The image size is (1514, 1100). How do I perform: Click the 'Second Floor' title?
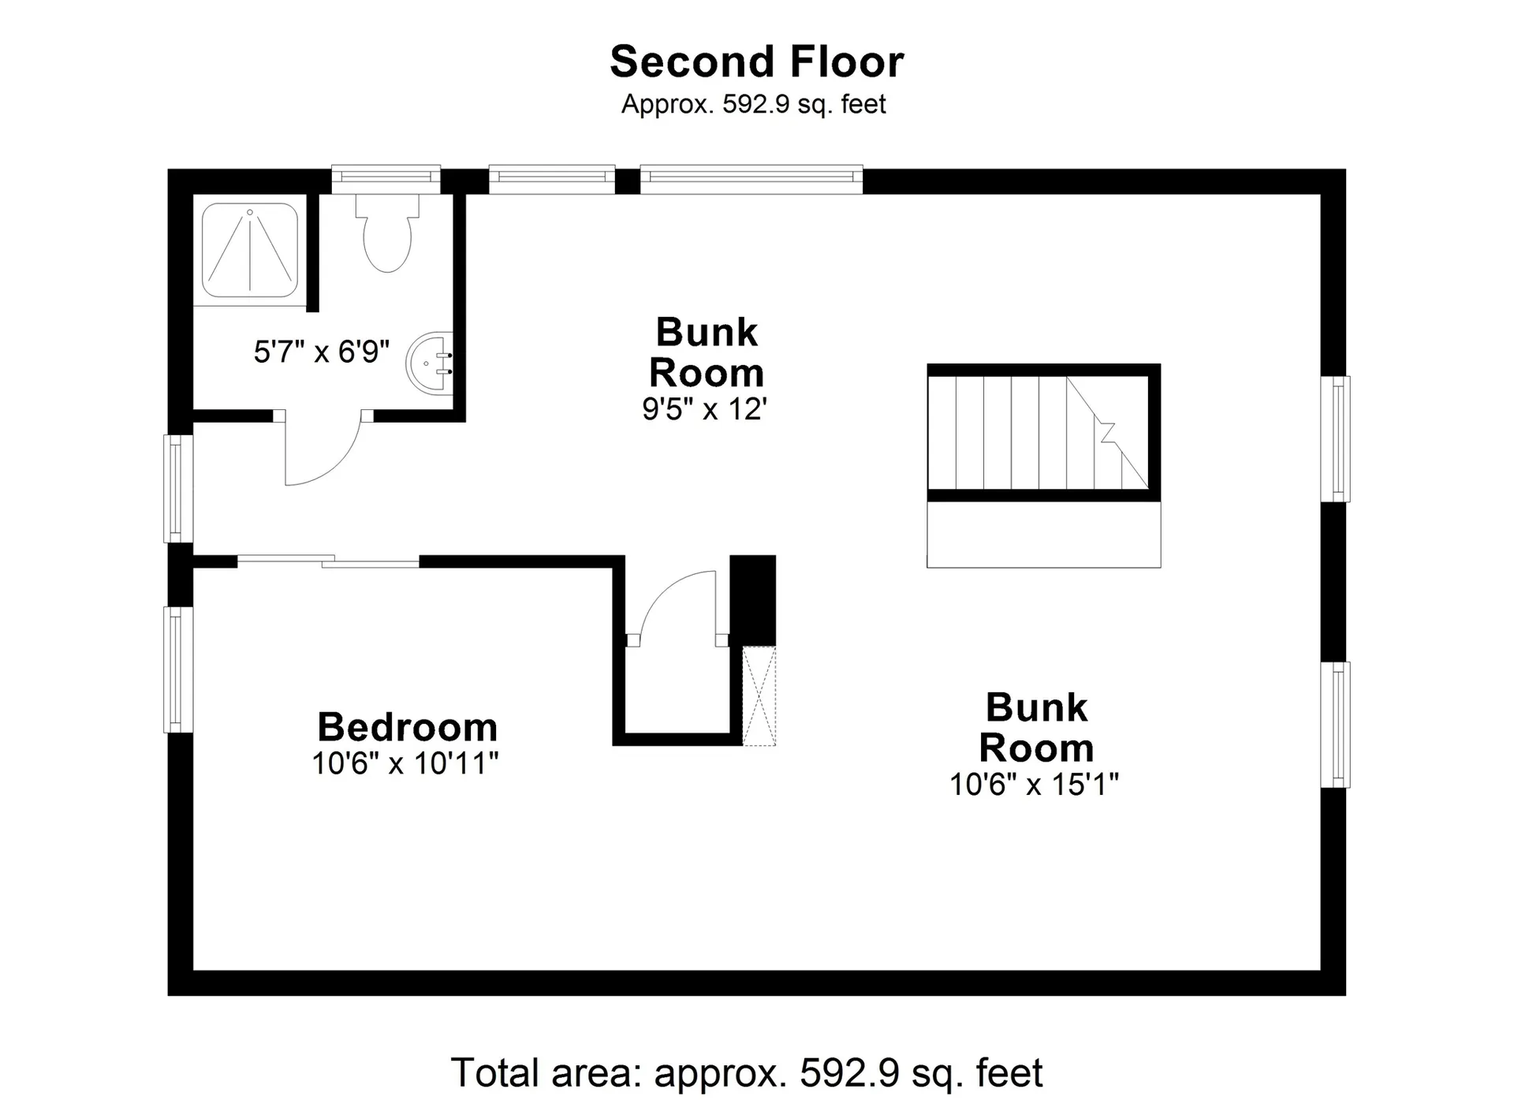[x=757, y=62]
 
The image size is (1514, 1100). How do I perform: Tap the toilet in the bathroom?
[x=387, y=233]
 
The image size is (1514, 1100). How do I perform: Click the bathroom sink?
[x=431, y=364]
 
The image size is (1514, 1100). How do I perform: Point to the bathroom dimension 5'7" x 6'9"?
[x=322, y=352]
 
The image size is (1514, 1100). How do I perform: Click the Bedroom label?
[x=408, y=727]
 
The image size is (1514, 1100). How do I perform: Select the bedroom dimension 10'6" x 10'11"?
[x=405, y=763]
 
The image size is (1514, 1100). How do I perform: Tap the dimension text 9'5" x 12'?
[x=705, y=409]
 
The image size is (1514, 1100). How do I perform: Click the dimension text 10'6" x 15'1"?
[x=1035, y=785]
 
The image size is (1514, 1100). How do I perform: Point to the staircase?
[x=1043, y=432]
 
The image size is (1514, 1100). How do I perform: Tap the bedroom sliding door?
[x=328, y=561]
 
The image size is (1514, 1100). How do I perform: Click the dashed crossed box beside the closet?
[x=759, y=696]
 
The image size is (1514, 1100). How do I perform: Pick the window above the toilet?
[x=386, y=179]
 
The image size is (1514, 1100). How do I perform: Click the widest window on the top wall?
[x=751, y=179]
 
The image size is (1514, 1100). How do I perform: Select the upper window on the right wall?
[x=1336, y=438]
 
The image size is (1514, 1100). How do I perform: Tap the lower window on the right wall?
[x=1336, y=725]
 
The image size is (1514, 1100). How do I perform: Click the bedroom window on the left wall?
[x=178, y=669]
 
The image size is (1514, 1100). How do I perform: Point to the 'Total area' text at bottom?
[x=746, y=1073]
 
